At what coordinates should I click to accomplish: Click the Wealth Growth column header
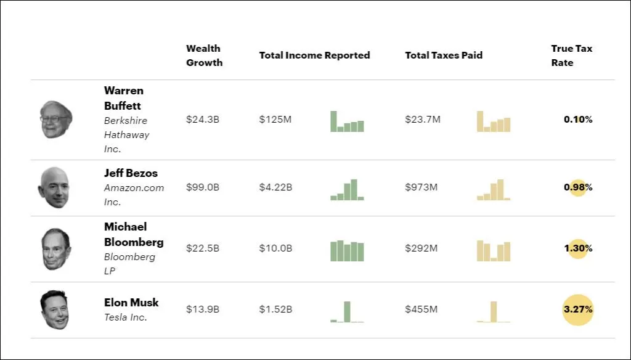point(204,55)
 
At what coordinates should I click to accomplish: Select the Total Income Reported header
point(314,55)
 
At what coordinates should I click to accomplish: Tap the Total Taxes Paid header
point(444,55)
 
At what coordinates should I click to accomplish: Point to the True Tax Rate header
point(571,55)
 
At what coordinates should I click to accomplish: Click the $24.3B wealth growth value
point(202,119)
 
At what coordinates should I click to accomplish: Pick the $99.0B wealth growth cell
point(202,187)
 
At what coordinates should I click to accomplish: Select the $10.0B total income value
point(275,248)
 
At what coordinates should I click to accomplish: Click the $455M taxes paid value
point(421,309)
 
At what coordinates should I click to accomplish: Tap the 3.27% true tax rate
point(578,309)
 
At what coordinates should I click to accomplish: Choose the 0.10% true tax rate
point(578,119)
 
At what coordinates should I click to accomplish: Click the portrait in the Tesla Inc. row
point(55,309)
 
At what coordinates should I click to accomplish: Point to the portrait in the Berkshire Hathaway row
point(56,119)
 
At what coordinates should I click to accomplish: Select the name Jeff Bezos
point(131,173)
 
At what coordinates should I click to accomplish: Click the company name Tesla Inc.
point(126,317)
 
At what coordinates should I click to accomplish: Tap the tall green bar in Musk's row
point(347,312)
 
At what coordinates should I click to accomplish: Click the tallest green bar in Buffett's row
point(333,121)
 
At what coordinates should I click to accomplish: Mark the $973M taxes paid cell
point(421,187)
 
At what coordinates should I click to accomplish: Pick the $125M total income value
point(275,119)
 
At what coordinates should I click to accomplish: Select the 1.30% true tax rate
point(578,248)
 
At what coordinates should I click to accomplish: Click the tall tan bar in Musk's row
point(494,312)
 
